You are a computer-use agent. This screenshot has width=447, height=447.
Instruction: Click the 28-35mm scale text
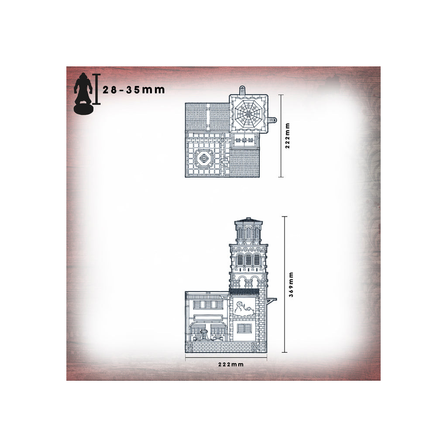pyautogui.click(x=134, y=90)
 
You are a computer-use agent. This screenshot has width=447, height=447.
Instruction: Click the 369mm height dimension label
pyautogui.click(x=291, y=284)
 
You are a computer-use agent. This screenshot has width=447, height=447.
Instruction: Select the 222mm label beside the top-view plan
pyautogui.click(x=287, y=136)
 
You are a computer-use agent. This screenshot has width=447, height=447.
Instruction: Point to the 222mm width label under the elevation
pyautogui.click(x=231, y=364)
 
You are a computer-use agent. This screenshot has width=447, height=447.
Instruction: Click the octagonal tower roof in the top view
pyautogui.click(x=248, y=114)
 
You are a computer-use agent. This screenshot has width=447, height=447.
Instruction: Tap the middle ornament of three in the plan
pyautogui.click(x=244, y=140)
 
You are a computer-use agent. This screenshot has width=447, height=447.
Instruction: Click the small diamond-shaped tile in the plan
pyautogui.click(x=222, y=140)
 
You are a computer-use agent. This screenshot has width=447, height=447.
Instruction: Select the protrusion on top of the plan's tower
pyautogui.click(x=242, y=89)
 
